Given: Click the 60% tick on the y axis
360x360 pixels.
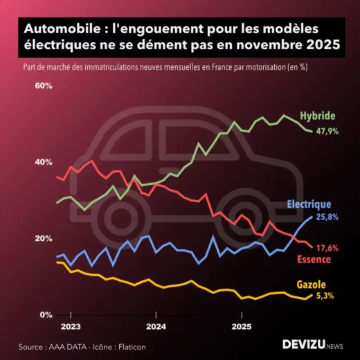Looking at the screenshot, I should (43, 86).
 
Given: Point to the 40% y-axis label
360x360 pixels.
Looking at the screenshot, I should (43, 162).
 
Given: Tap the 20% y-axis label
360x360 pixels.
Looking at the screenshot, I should (43, 238).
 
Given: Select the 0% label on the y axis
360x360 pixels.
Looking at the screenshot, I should (46, 315).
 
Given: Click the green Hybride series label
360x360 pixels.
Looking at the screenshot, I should (317, 115).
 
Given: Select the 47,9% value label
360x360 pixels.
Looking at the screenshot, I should (327, 131).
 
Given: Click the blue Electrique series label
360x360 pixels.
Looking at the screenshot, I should (309, 204).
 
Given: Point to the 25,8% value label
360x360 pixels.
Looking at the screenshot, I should (327, 217).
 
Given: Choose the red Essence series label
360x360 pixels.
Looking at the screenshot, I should (313, 260).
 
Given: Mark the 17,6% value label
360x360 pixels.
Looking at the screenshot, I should (327, 248).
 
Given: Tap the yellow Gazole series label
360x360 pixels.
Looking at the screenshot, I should (311, 284).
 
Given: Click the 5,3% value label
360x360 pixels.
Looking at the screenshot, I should (325, 296).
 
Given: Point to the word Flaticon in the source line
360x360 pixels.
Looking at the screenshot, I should (131, 346).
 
